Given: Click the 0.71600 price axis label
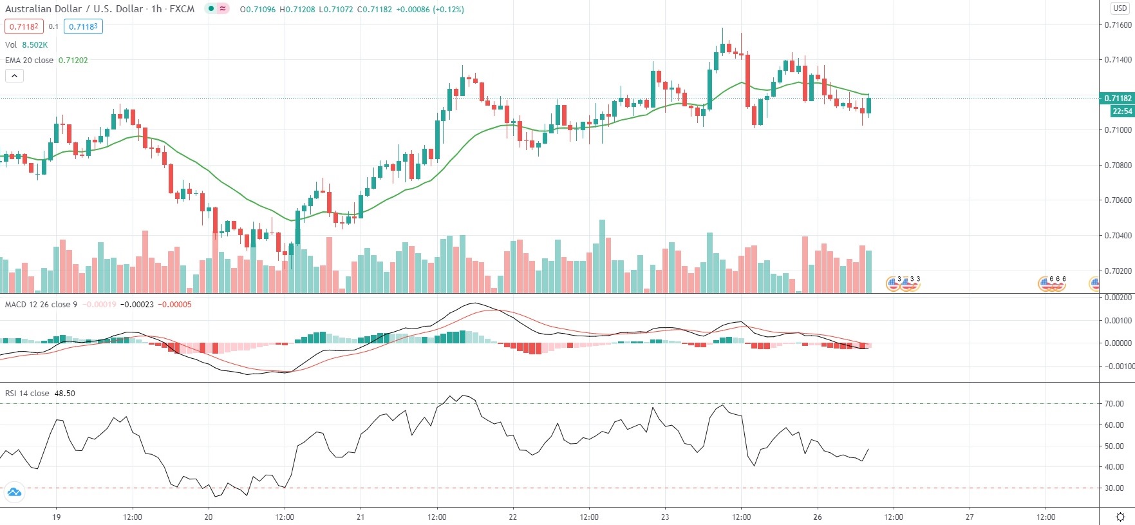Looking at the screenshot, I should tap(1118, 25).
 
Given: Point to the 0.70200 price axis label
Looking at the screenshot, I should tap(1118, 271).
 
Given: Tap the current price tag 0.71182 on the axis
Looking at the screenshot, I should tap(1118, 99).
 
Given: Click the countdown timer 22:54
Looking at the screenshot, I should tap(1121, 111).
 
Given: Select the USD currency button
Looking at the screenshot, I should tap(1120, 8).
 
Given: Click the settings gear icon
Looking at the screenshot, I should tap(1120, 517).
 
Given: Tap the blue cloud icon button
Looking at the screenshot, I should tap(14, 493).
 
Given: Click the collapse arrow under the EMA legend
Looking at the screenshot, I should tap(14, 76).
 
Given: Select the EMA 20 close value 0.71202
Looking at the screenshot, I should tap(73, 60).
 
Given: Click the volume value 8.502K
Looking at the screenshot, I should tap(35, 45).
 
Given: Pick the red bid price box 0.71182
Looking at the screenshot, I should tap(24, 27).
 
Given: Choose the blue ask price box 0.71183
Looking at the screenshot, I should tap(83, 27).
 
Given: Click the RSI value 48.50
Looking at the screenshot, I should tap(64, 394).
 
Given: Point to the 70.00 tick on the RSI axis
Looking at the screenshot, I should tap(1114, 404).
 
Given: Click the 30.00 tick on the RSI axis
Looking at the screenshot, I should tap(1114, 488).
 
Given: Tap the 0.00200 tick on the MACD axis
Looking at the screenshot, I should tap(1118, 298).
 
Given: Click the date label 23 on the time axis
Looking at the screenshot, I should tap(665, 517).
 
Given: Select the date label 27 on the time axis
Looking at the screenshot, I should tap(970, 517).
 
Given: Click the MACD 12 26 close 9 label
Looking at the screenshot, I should tap(41, 305).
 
